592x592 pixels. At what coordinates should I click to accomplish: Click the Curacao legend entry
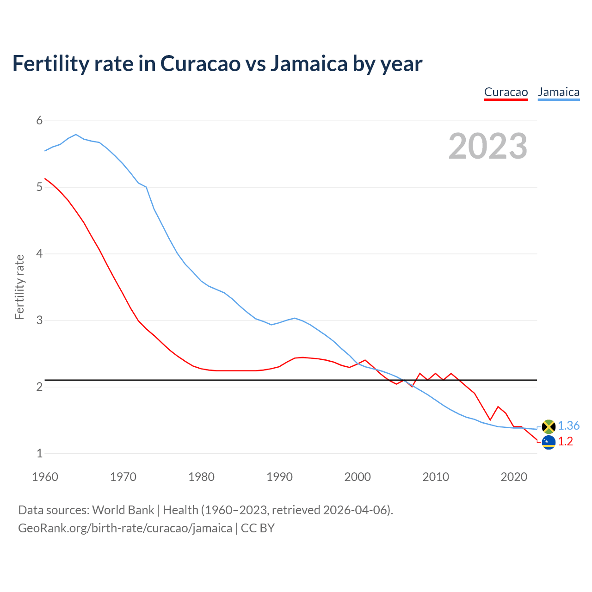(506, 92)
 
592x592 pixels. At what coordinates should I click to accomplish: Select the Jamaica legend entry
(559, 92)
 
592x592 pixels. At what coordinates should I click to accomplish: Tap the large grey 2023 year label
(488, 146)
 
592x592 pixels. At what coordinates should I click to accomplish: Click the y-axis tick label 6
(39, 121)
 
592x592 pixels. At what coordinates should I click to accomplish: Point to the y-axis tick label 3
(39, 320)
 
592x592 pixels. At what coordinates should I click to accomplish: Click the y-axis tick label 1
(39, 453)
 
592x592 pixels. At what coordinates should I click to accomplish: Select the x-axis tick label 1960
(45, 477)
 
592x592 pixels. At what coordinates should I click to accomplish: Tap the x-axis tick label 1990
(279, 477)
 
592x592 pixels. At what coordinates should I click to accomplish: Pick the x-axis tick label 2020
(514, 477)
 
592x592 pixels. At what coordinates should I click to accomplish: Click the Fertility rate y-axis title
(19, 287)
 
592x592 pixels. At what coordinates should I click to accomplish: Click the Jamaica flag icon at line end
(549, 426)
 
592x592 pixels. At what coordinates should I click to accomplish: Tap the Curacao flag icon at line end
(549, 442)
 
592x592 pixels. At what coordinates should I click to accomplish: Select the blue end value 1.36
(568, 425)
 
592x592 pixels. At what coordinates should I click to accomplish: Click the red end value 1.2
(565, 442)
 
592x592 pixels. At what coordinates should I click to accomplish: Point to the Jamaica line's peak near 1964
(76, 135)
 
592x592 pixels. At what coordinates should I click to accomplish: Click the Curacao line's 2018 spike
(498, 407)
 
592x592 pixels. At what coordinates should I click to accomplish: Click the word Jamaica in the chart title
(308, 63)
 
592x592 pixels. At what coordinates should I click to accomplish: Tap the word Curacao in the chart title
(200, 63)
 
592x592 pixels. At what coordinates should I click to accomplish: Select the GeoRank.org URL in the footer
(125, 528)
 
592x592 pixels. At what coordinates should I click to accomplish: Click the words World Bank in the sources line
(123, 510)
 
